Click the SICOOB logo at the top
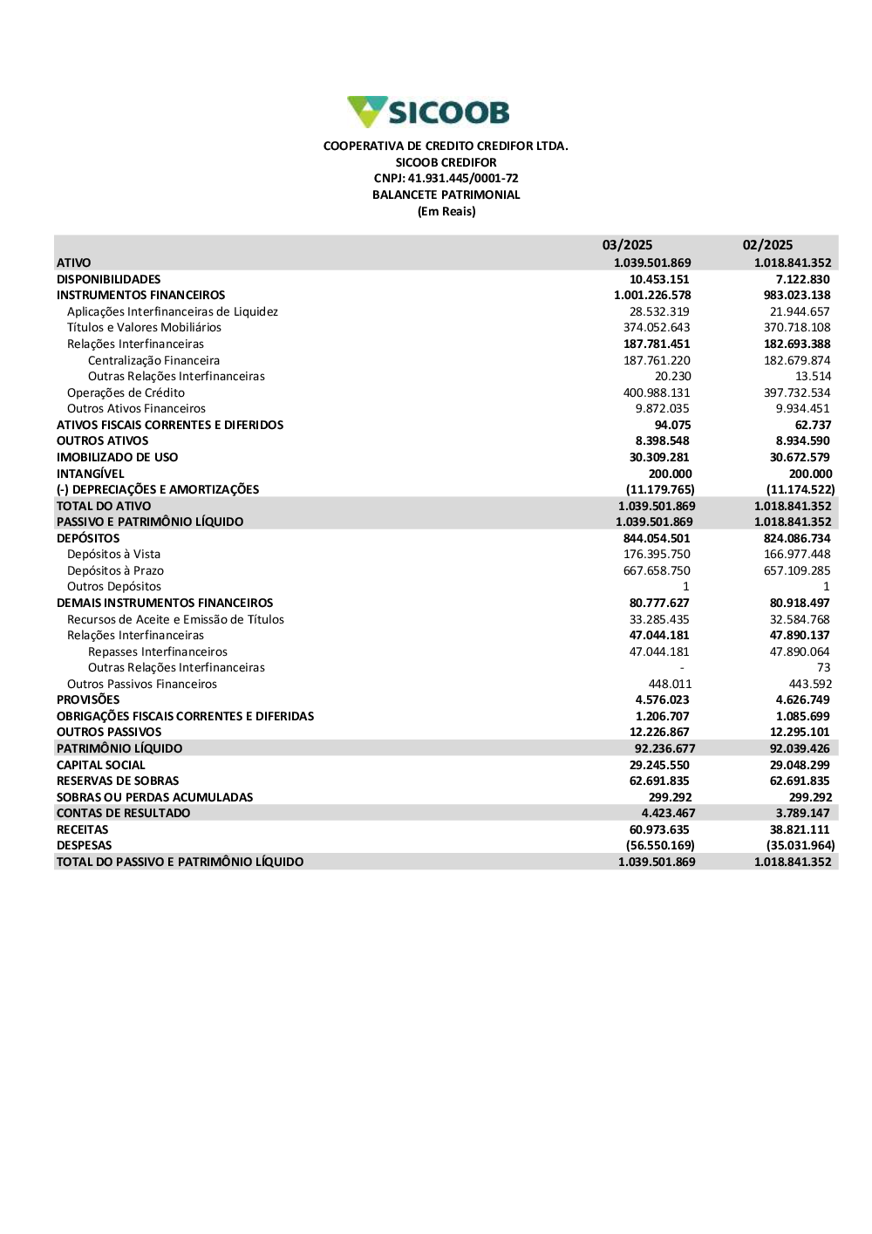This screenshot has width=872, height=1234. coord(428,112)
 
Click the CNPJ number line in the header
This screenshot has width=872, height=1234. coord(446,179)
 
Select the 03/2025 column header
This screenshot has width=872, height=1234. coord(627,245)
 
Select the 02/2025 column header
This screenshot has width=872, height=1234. coord(767,245)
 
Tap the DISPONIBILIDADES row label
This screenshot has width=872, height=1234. coord(109,279)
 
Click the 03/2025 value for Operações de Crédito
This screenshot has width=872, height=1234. coord(656,392)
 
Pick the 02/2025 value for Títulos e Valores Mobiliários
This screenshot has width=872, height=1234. coord(797,328)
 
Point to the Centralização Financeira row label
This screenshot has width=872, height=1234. coord(153,360)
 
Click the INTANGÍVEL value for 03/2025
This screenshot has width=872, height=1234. coord(670,474)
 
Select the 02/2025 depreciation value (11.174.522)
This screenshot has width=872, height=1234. coord(800,489)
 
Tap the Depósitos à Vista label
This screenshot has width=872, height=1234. coord(113,554)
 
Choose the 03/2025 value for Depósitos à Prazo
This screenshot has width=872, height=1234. coord(656,570)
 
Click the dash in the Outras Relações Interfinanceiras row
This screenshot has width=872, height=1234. coord(682,668)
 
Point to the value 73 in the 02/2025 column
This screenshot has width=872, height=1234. coord(823,667)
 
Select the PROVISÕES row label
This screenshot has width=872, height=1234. coord(88,699)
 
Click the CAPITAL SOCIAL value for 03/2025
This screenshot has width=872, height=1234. coord(659,765)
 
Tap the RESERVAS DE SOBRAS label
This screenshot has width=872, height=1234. coord(118,781)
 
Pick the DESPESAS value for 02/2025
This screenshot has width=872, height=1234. coord(800,845)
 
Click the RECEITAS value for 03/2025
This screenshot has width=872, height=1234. coord(659,829)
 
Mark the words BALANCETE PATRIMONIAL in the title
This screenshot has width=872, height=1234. coord(446,195)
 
